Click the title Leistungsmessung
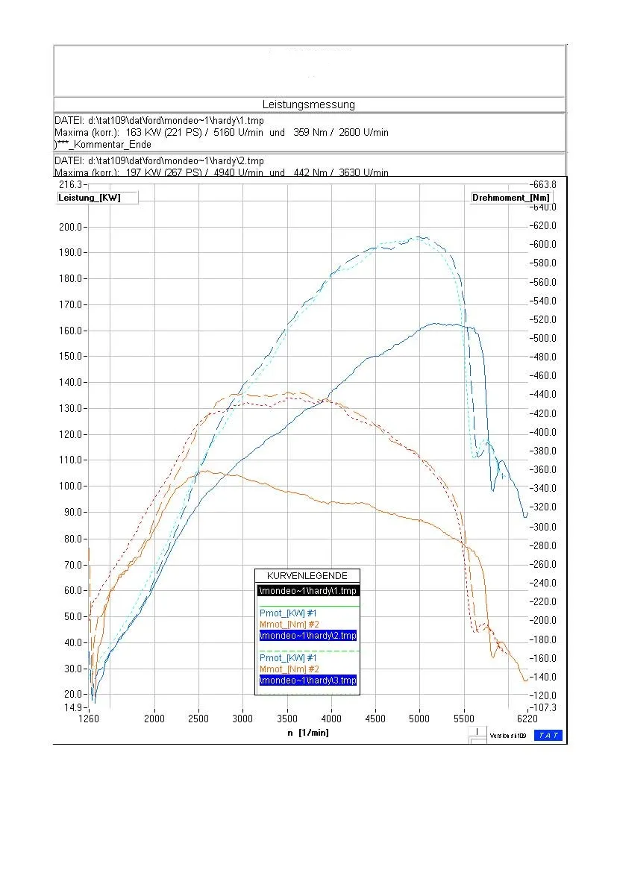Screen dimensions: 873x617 click(308, 104)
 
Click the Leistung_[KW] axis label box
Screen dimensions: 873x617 click(89, 198)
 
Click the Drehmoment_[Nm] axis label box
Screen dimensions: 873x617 click(511, 198)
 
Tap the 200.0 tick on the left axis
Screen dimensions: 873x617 click(72, 227)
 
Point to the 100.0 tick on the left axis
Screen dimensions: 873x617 click(72, 486)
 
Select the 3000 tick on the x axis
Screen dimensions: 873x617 click(242, 719)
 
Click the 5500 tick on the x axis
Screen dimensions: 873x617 click(463, 719)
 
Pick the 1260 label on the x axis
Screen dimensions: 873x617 click(88, 719)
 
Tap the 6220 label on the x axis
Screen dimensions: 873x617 click(527, 719)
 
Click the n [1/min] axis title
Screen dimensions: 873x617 click(308, 733)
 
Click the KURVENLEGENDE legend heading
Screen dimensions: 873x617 click(307, 576)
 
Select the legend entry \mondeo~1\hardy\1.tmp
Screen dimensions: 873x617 click(307, 591)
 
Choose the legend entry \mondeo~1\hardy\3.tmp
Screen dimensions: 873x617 click(307, 680)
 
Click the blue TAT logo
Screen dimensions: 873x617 click(548, 736)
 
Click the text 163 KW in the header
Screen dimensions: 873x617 click(143, 133)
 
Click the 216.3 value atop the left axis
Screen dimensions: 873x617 click(72, 184)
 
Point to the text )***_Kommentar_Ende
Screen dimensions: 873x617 click(103, 145)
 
